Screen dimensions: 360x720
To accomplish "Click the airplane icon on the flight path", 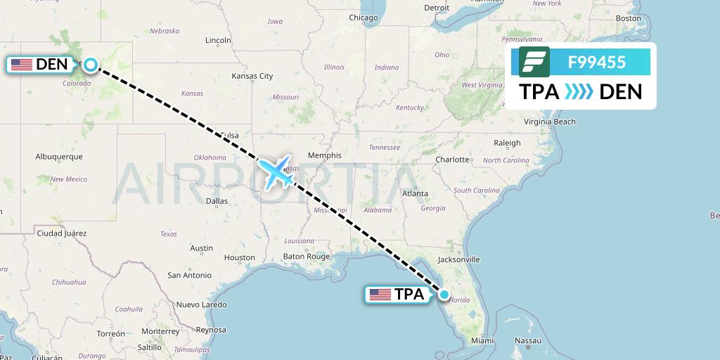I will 276,172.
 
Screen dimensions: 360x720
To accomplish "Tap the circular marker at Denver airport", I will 91,65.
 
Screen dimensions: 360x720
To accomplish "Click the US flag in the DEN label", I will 22,65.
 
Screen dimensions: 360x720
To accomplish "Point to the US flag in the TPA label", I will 380,295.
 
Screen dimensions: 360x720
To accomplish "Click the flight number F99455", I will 597,63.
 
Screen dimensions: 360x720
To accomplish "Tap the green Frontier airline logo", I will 534,63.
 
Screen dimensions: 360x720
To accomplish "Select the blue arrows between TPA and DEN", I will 579,91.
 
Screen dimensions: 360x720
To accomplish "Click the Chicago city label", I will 363,18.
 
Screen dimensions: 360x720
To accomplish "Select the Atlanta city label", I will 415,193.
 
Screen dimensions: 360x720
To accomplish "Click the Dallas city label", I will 217,201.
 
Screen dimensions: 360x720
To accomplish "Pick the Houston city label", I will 239,257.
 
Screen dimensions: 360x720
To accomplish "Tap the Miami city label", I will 482,340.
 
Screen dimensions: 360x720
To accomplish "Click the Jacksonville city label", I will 458,259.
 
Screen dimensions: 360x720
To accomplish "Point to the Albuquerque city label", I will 59,157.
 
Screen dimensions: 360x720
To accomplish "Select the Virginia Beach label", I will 550,122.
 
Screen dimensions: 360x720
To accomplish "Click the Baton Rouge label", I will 307,257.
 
